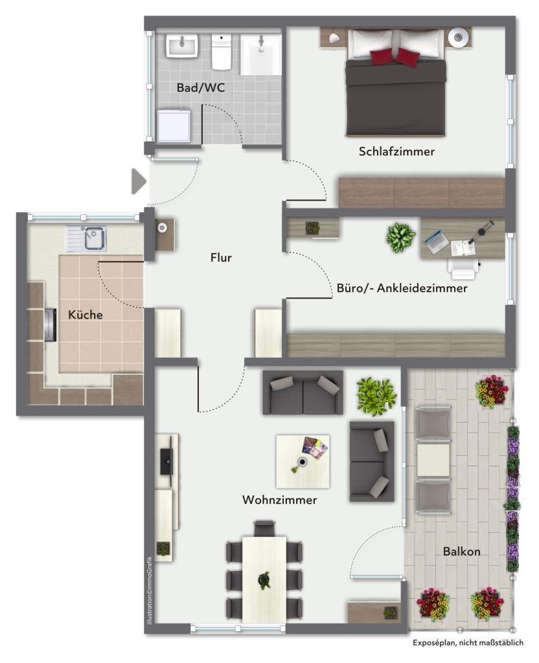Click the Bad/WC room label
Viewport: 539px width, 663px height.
click(x=201, y=87)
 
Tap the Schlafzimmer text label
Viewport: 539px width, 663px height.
click(x=396, y=152)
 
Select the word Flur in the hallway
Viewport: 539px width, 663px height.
click(x=221, y=258)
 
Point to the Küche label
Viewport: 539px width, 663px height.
click(x=86, y=315)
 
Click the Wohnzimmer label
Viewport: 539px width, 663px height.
click(x=279, y=500)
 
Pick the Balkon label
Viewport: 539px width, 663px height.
click(x=461, y=552)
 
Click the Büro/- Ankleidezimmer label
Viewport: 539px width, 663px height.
click(x=402, y=289)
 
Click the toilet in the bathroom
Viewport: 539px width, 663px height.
click(x=222, y=52)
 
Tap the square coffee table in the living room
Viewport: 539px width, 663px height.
click(x=303, y=460)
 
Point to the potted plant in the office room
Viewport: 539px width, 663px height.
click(x=401, y=238)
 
